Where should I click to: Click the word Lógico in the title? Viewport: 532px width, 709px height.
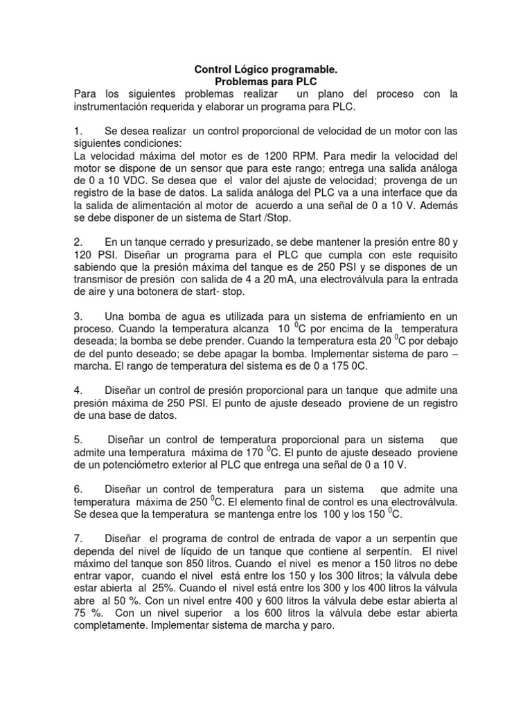click(245, 70)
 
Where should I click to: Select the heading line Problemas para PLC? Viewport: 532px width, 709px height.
click(266, 82)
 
